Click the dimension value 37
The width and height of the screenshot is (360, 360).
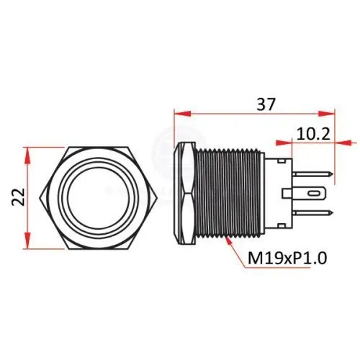[265, 104]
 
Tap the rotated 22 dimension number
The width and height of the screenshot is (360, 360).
[18, 197]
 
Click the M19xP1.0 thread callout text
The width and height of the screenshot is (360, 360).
[287, 258]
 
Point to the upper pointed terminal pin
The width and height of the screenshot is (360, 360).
[312, 174]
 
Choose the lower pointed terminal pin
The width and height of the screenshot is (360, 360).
[312, 212]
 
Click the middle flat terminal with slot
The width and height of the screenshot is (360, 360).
[304, 193]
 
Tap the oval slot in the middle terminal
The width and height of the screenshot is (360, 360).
[314, 193]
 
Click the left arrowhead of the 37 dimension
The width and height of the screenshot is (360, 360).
[183, 114]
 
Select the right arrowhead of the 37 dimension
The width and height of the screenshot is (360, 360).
[326, 114]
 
